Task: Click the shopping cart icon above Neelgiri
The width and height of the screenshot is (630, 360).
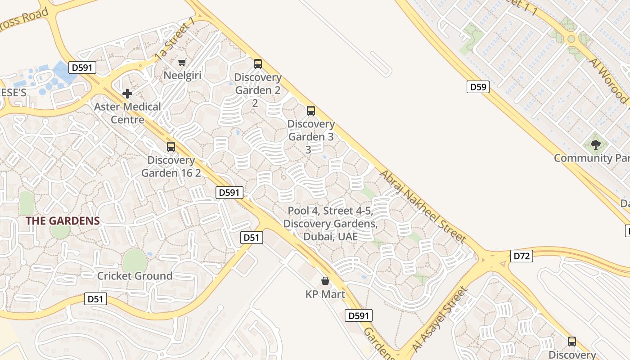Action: tap(182, 62)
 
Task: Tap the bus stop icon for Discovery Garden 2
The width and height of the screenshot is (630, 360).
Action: tap(257, 64)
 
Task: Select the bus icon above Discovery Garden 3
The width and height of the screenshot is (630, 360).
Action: tap(310, 111)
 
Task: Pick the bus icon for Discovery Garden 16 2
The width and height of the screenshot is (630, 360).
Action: tap(171, 147)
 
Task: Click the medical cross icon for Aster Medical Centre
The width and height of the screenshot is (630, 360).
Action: tap(127, 94)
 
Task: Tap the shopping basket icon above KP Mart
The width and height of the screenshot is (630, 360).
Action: tap(325, 281)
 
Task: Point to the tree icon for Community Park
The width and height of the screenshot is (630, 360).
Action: tap(596, 145)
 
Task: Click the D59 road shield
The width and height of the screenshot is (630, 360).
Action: tap(477, 87)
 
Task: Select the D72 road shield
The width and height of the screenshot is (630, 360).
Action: tap(522, 256)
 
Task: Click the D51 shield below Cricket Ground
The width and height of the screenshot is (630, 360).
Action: tap(95, 299)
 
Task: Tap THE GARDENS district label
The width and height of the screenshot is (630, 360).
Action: tap(63, 221)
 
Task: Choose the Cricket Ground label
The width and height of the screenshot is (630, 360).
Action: tap(135, 276)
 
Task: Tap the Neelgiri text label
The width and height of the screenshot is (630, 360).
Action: tap(182, 75)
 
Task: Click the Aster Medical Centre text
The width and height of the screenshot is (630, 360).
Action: tap(127, 113)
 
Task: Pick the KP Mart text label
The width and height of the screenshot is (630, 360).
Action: tap(325, 295)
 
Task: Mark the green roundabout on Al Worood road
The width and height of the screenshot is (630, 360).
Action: tap(571, 39)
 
